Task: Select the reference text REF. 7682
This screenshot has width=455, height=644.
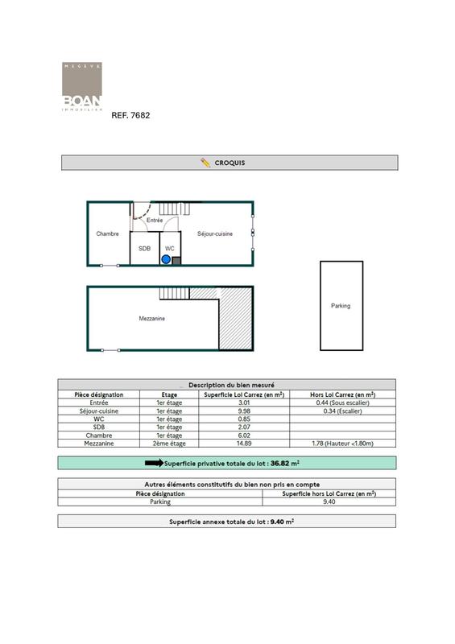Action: [130, 116]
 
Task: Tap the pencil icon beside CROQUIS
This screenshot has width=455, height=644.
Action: [205, 163]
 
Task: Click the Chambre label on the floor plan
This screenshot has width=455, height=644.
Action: [107, 234]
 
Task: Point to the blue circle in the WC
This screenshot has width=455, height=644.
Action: [166, 259]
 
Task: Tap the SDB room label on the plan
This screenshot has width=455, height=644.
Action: [144, 249]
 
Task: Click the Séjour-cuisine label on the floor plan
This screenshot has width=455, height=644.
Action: [215, 234]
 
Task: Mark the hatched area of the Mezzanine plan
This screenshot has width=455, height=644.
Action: [236, 319]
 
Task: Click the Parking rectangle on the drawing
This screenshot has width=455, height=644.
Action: [341, 306]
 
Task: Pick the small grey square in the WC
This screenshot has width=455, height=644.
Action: [176, 260]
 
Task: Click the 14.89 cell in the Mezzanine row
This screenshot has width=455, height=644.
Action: [245, 443]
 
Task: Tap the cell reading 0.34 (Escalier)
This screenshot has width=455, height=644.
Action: [342, 411]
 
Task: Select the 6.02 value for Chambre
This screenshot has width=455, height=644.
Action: [245, 435]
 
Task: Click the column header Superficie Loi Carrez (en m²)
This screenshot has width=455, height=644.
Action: [245, 395]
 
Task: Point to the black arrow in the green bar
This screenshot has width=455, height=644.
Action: [153, 464]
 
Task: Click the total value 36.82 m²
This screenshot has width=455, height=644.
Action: [286, 464]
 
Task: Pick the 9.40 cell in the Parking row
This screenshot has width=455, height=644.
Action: [329, 502]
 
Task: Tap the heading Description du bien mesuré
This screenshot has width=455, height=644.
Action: [226, 385]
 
